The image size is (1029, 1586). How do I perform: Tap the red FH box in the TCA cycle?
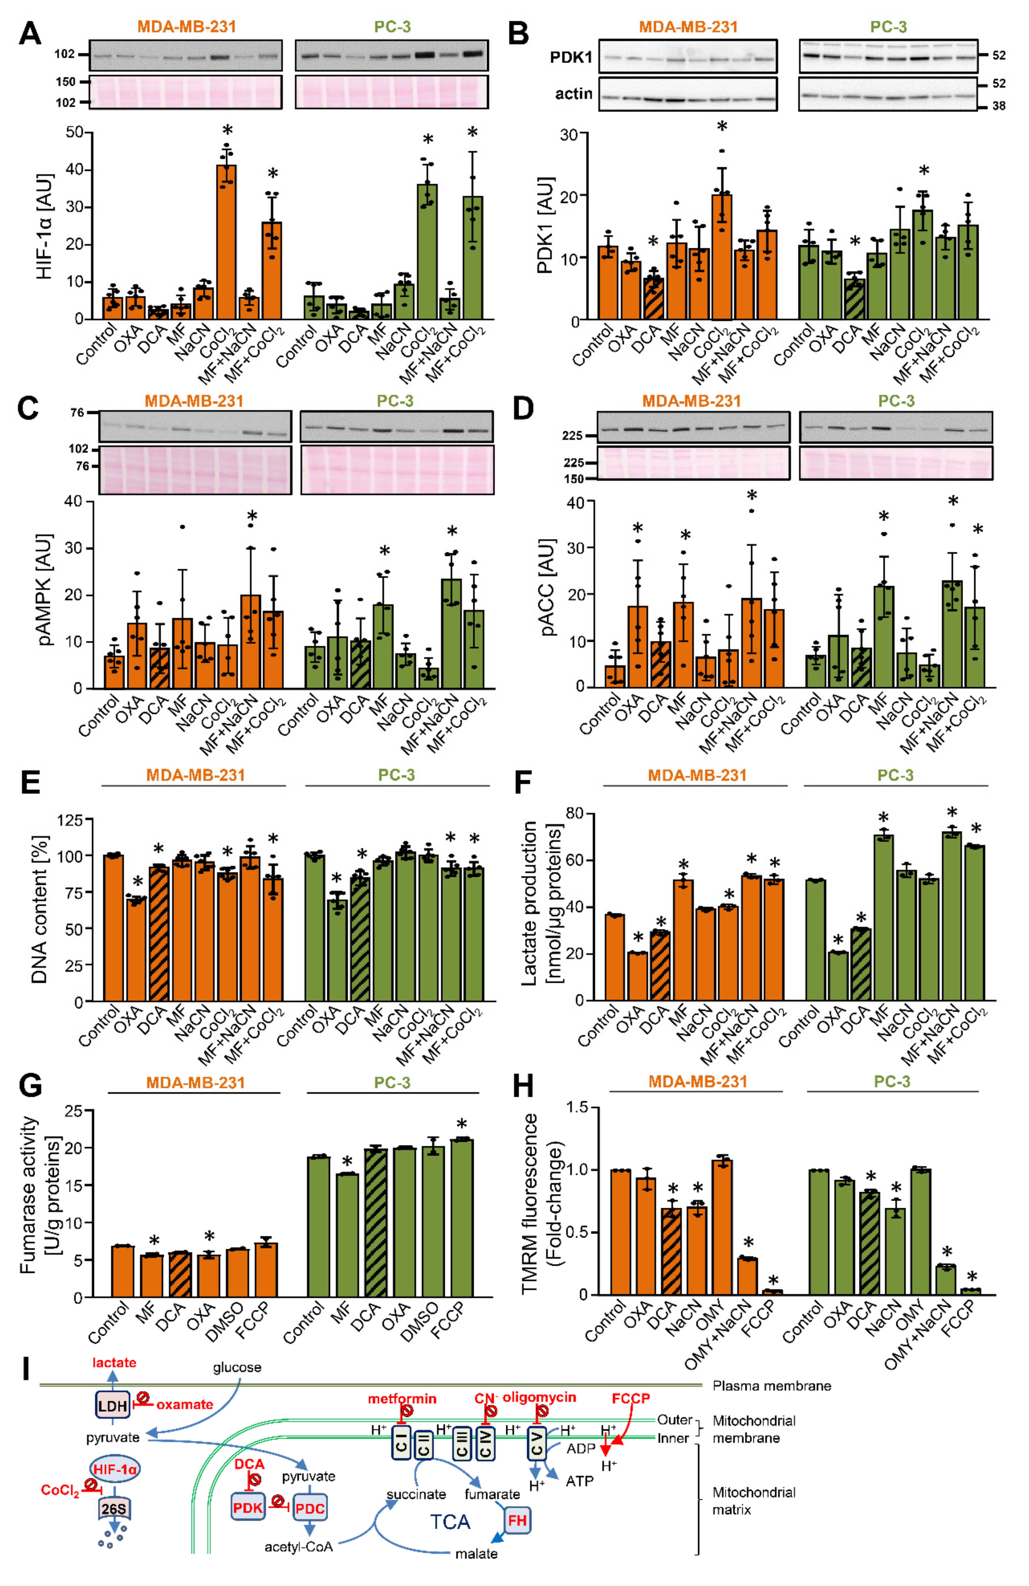[x=517, y=1521]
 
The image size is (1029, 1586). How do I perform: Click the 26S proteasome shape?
[x=114, y=1508]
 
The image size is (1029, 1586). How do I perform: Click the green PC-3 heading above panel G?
[x=392, y=1083]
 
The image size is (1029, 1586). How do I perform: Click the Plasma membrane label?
[x=771, y=1386]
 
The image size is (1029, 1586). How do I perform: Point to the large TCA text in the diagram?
[x=450, y=1522]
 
